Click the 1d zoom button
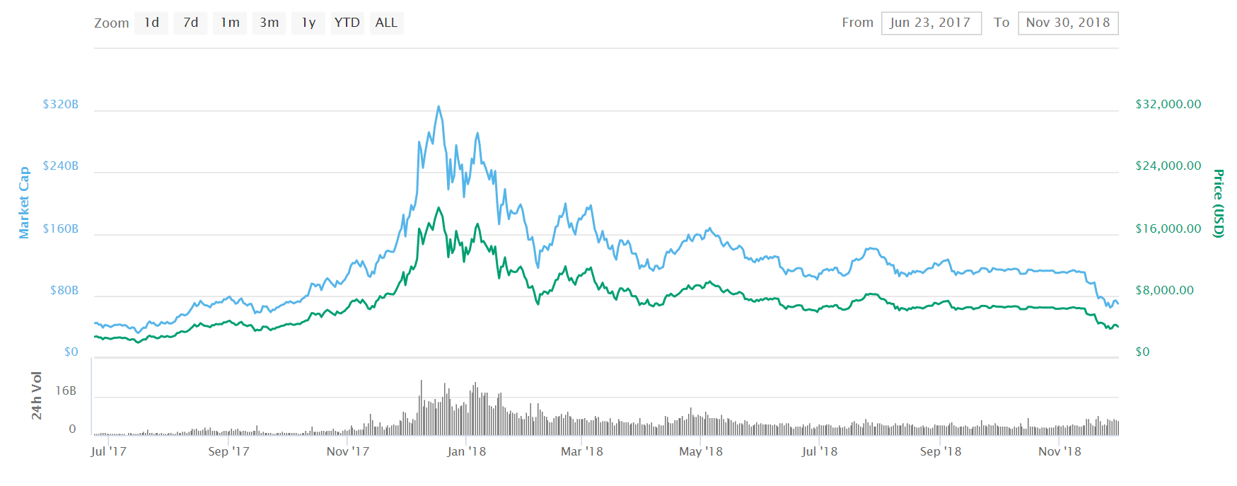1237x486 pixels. pos(151,23)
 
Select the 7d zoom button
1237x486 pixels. pos(190,23)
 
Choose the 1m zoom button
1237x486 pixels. pos(230,23)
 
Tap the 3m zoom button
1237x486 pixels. pos(269,23)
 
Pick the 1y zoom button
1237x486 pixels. pos(308,23)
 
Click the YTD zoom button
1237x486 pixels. pos(347,23)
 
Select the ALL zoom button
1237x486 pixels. pos(386,23)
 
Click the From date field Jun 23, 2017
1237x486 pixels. pos(931,23)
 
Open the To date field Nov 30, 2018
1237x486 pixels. pos(1068,23)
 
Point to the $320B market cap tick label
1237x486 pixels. pos(61,104)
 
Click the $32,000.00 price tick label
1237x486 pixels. pos(1168,104)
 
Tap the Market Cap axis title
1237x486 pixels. pos(24,202)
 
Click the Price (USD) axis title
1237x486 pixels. pos(1218,203)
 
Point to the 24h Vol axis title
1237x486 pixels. pos(37,395)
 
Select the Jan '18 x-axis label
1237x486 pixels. pos(466,451)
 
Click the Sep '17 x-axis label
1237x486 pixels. pos(228,451)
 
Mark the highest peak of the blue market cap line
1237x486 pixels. pos(439,107)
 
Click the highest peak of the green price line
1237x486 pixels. pos(439,208)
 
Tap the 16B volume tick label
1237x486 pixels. pos(66,390)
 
